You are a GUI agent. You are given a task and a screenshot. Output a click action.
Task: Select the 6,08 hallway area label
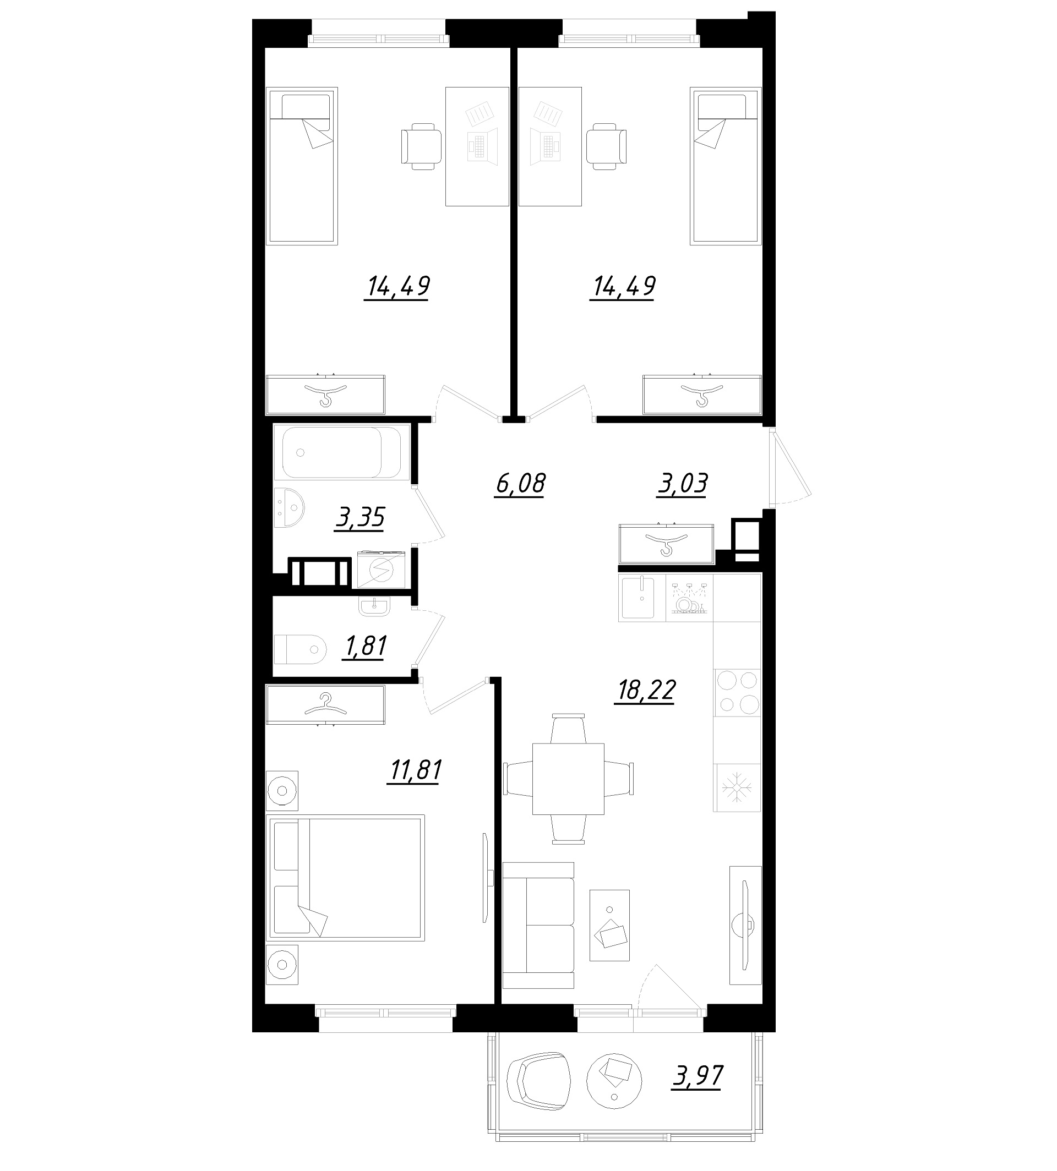[520, 484]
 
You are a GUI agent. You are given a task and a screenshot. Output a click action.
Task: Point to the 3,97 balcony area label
[698, 1076]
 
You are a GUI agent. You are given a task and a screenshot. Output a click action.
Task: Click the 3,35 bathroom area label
[360, 517]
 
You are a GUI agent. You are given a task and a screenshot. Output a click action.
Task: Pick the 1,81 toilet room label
[366, 646]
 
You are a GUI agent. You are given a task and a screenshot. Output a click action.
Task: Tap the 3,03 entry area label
[683, 484]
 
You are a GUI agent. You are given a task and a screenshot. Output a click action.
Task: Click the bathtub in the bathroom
[341, 452]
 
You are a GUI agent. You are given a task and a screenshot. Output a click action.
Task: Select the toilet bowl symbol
[299, 649]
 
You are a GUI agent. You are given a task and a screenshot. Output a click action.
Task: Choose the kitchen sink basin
[637, 598]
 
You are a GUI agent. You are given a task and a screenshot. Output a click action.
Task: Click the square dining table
[568, 779]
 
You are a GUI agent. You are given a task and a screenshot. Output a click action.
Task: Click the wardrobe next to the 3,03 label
[667, 544]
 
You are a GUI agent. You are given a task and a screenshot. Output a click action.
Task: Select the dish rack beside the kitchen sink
[689, 598]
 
